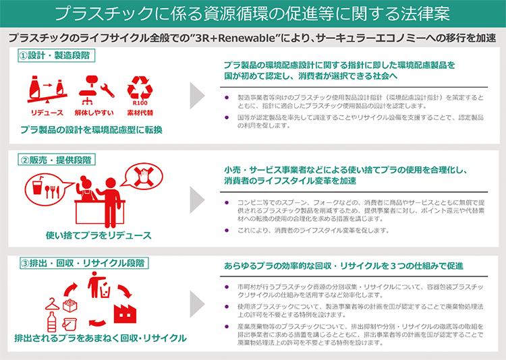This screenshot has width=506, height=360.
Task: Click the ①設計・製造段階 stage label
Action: [x=57, y=55]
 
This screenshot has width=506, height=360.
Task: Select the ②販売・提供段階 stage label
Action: [x=57, y=160]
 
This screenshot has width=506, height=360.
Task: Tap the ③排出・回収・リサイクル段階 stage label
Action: [x=84, y=263]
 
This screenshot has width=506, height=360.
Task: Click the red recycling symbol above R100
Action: [x=140, y=88]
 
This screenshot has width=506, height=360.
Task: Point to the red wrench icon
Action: [x=107, y=90]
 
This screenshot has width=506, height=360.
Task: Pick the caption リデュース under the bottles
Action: [x=47, y=113]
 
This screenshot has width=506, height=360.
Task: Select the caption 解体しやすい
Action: [x=94, y=113]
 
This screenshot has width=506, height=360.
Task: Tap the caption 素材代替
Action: [x=140, y=113]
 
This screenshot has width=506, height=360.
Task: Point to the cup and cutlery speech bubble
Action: [x=47, y=189]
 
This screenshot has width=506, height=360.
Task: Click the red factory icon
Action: [x=125, y=313]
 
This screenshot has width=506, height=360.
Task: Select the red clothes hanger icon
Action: [x=53, y=304]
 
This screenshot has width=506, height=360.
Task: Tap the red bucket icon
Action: [x=69, y=324]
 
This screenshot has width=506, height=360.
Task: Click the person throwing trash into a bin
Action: [x=99, y=284]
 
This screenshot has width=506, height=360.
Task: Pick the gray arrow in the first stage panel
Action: [x=197, y=96]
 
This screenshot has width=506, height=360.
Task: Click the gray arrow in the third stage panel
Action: [x=197, y=304]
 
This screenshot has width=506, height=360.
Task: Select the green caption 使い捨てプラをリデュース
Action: [x=99, y=235]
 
